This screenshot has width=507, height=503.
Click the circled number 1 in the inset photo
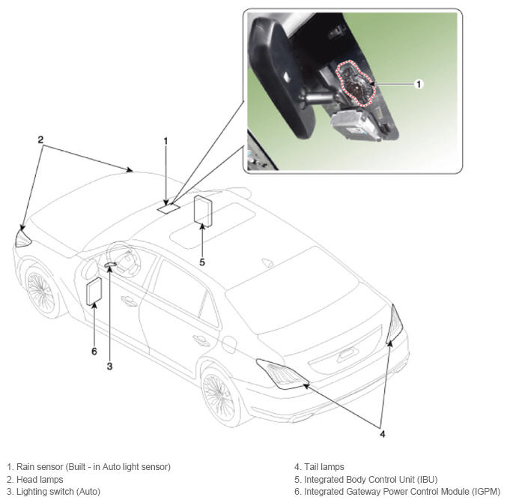tap(419, 84)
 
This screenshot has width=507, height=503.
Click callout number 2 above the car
tap(40, 140)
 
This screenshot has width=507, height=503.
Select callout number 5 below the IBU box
tap(202, 262)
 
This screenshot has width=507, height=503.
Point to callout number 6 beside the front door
tap(94, 351)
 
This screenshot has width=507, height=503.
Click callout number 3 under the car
tap(109, 367)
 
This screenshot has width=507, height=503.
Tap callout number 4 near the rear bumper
tap(383, 434)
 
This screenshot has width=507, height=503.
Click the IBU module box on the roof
tap(203, 211)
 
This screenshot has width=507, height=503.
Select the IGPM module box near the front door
tap(94, 291)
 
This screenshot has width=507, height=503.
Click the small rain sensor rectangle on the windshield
tap(169, 208)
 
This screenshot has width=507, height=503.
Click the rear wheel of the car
tap(219, 397)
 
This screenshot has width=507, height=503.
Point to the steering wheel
tap(124, 259)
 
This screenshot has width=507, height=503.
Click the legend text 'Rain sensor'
tap(40, 467)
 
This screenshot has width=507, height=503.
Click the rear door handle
tap(201, 340)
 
